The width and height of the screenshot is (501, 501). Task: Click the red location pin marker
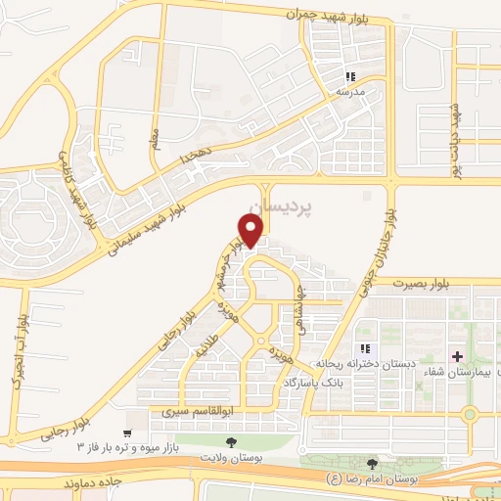[x=251, y=230]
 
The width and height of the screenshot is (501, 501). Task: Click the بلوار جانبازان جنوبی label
[x=389, y=241]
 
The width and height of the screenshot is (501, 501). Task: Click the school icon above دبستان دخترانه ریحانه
[x=365, y=348]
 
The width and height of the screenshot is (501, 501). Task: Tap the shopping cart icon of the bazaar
[x=127, y=432]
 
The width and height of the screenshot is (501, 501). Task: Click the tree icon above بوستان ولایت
[x=232, y=441]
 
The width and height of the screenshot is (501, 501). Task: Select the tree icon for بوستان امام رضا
[x=371, y=464]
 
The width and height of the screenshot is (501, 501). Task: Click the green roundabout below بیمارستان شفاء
[x=469, y=413]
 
